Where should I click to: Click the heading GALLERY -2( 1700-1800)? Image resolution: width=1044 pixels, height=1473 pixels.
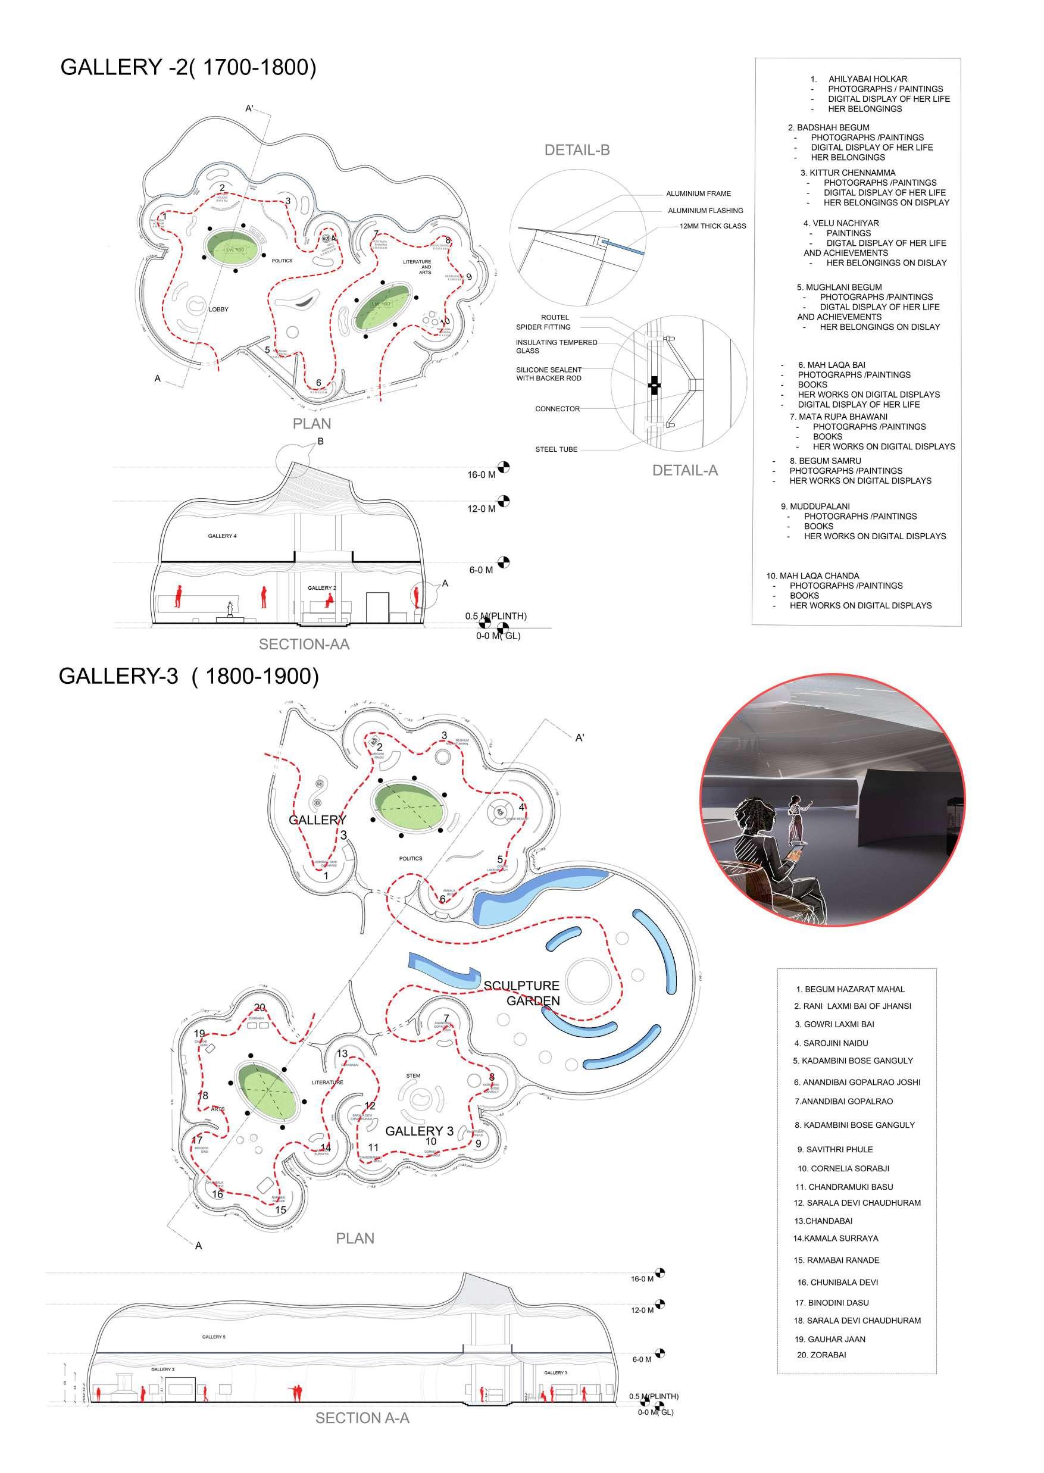[187, 67]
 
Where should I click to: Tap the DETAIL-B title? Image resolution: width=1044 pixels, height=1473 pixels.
[577, 151]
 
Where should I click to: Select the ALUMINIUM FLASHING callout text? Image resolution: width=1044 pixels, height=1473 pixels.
[705, 211]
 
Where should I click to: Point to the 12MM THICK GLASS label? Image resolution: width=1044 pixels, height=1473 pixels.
[712, 226]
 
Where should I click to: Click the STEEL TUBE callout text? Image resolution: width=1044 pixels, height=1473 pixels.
[556, 449]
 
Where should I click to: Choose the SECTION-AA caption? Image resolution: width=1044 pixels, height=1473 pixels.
[304, 644]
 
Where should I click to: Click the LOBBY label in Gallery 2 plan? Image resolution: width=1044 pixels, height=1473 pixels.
[218, 309]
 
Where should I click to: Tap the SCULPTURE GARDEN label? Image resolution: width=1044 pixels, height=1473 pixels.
[521, 993]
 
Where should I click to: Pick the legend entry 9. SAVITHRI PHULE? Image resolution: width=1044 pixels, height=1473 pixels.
[834, 1149]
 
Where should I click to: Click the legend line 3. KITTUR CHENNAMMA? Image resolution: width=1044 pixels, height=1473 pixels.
[848, 173]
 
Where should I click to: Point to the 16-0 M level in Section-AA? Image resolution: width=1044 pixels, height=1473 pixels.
[482, 475]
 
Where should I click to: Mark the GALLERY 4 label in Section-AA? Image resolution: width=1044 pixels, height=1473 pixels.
[222, 536]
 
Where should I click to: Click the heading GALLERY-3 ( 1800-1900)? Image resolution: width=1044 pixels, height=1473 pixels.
[188, 676]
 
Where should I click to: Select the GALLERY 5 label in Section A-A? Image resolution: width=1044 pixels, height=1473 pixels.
[214, 1337]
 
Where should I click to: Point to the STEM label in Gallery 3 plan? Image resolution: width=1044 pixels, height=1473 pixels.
[412, 1076]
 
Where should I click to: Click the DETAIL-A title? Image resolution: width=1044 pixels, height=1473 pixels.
[684, 470]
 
